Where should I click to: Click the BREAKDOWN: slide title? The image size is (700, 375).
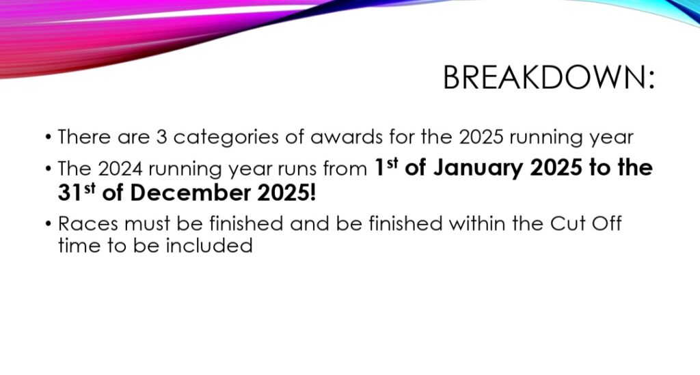click(x=549, y=78)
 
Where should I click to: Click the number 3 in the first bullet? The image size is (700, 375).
click(x=161, y=137)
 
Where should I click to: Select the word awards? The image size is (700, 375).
click(x=346, y=137)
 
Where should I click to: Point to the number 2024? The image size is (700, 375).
click(x=120, y=169)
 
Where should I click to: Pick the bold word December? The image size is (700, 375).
click(x=190, y=193)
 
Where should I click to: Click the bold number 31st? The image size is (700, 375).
click(x=77, y=193)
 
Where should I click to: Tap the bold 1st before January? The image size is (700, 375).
click(x=386, y=167)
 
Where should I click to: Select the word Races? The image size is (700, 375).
click(x=88, y=223)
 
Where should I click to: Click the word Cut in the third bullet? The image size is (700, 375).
click(x=567, y=223)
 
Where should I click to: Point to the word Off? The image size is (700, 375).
click(x=607, y=223)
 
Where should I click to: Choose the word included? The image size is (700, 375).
click(x=209, y=245)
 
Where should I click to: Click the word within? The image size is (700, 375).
click(x=476, y=223)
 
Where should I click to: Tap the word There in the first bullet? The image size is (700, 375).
click(x=84, y=137)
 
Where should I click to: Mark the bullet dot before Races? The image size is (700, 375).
click(x=49, y=223)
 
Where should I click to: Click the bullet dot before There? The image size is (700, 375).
click(x=49, y=137)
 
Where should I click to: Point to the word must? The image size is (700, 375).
click(x=147, y=224)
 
